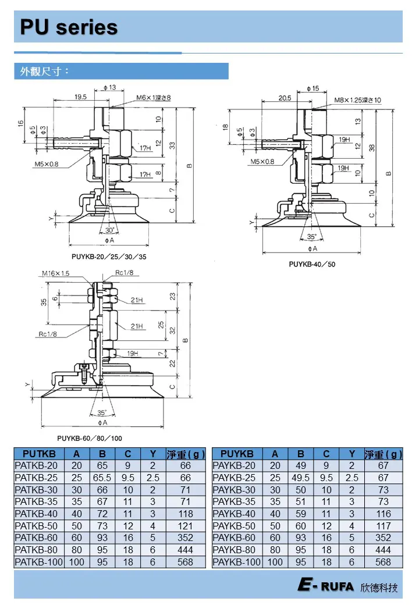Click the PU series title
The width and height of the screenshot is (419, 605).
pyautogui.click(x=69, y=27)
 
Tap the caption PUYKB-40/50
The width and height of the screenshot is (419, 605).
pyautogui.click(x=312, y=264)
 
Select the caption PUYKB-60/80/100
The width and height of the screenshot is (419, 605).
pyautogui.click(x=90, y=438)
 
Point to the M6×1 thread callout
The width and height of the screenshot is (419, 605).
pyautogui.click(x=154, y=98)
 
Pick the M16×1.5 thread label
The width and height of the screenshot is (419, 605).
pyautogui.click(x=55, y=273)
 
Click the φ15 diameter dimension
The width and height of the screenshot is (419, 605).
pyautogui.click(x=313, y=88)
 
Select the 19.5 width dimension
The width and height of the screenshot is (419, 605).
pyautogui.click(x=81, y=97)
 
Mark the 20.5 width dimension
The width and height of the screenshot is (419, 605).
pyautogui.click(x=285, y=98)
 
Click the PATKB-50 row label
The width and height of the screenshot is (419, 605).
pyautogui.click(x=37, y=526)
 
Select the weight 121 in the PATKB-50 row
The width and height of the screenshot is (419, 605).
pyautogui.click(x=186, y=526)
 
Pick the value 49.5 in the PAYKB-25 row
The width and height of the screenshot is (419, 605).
pyautogui.click(x=301, y=478)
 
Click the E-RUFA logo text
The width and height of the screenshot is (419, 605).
pyautogui.click(x=326, y=586)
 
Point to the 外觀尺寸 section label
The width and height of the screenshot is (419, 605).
pyautogui.click(x=45, y=72)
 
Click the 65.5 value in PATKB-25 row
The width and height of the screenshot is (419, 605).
pyautogui.click(x=102, y=478)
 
